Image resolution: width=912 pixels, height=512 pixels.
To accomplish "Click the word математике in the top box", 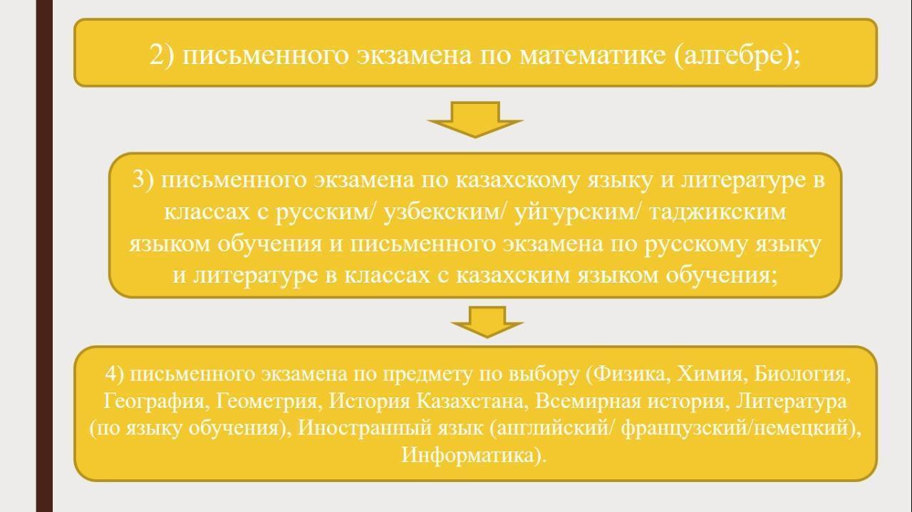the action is point(592,55).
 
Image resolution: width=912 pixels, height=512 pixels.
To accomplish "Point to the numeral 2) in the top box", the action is point(162,55).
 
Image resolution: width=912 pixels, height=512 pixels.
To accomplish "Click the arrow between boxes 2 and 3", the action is point(475,120).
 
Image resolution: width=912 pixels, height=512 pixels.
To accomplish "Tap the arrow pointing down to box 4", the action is point(487,322).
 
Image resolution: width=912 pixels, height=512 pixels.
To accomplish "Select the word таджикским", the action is point(717,212).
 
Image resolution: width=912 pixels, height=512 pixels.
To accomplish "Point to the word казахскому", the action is point(517,181).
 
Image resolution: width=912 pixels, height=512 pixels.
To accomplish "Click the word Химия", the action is point(710,374).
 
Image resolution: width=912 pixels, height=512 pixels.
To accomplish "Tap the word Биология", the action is point(799,375).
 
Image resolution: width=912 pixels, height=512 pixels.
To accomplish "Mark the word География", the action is point(155,402).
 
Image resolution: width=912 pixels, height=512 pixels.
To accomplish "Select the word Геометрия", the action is point(266,402).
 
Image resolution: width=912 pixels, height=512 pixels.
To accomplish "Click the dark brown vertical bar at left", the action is point(44,256).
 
